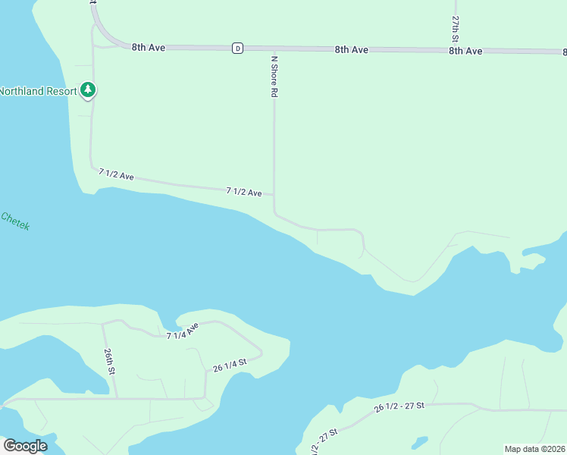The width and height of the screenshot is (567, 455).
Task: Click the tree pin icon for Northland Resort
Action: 89,90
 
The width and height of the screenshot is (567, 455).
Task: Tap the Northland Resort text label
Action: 38,91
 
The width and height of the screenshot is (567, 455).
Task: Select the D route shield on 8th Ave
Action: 238,48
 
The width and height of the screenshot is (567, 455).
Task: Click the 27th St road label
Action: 456,28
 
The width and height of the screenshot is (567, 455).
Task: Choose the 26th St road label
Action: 110,362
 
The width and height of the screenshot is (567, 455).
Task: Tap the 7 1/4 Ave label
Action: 183,331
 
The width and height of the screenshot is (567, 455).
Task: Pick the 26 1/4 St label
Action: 230,364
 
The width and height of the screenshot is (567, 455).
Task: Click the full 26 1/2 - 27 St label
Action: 399,407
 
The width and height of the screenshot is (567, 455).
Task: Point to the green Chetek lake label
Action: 15,221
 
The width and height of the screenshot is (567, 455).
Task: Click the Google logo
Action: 25,445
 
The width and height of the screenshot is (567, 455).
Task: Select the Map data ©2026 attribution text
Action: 535,449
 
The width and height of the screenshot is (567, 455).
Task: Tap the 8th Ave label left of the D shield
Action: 149,47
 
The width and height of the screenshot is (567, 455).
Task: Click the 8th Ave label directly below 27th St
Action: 465,51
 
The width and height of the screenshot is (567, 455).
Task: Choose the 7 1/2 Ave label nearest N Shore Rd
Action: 244,192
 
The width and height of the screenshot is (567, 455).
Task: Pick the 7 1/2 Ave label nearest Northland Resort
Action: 116,174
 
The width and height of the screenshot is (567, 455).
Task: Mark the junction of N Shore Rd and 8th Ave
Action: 274,49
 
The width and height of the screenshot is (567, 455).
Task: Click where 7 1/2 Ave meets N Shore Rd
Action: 274,195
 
